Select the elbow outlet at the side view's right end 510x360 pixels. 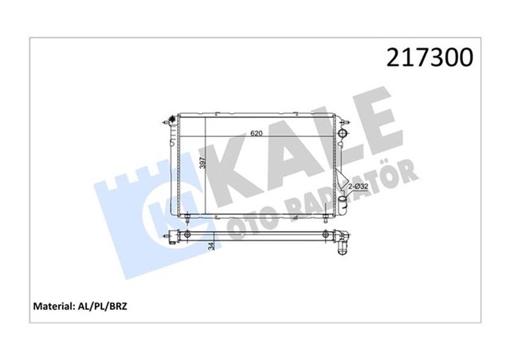click(x=343, y=241)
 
